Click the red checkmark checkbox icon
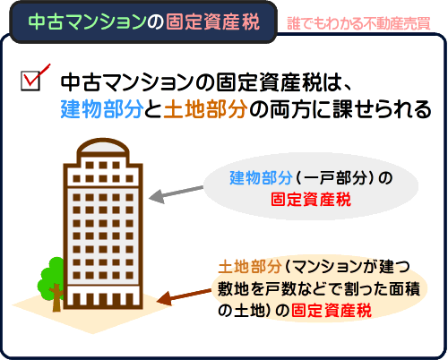[x=34, y=78]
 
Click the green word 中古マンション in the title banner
[x=87, y=21]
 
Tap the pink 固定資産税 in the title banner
[x=212, y=21]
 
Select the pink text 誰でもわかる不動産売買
[x=358, y=23]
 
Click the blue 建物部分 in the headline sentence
[x=102, y=109]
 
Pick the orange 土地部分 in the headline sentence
[x=205, y=109]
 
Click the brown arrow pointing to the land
[x=185, y=296]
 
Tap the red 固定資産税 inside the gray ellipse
[x=311, y=200]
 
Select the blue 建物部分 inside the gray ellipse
[x=261, y=178]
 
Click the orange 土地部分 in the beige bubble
[x=250, y=267]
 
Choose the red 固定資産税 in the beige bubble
[x=332, y=311]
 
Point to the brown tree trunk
[x=56, y=298]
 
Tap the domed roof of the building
[x=103, y=146]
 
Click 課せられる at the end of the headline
[x=382, y=109]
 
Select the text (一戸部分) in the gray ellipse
[x=335, y=178]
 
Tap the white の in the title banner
[x=156, y=22]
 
